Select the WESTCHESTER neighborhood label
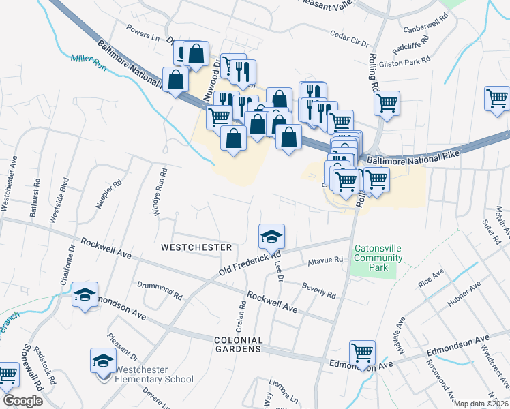click(196, 247)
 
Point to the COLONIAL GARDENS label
click(238, 344)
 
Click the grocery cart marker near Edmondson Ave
click(362, 352)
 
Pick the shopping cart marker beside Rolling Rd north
click(387, 104)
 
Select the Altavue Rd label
click(323, 260)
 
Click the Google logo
click(22, 400)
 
